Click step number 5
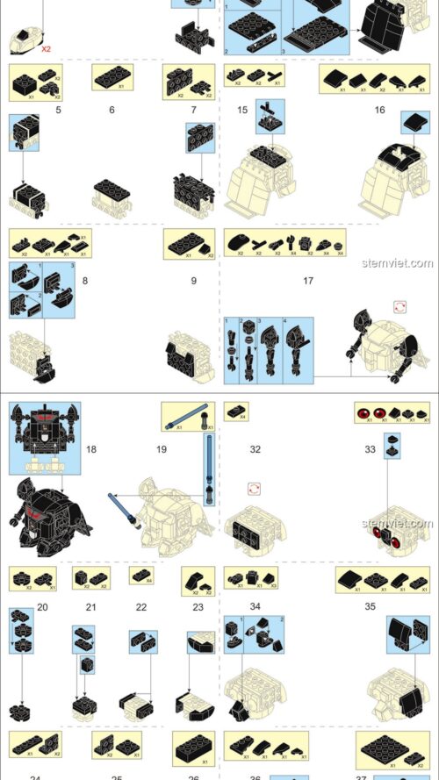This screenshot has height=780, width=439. coord(57,110)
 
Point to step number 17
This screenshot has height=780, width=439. coord(307,281)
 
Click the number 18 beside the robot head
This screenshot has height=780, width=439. coord(91,449)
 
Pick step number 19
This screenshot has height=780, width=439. coord(161,449)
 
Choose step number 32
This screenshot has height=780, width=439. coord(255,449)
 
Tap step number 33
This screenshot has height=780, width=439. coord(370,449)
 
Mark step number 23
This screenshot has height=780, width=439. coord(198,606)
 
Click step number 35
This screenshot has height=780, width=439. coord(370,606)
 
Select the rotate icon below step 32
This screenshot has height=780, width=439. coord(255,488)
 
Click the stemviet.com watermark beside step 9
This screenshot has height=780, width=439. coord(407,263)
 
